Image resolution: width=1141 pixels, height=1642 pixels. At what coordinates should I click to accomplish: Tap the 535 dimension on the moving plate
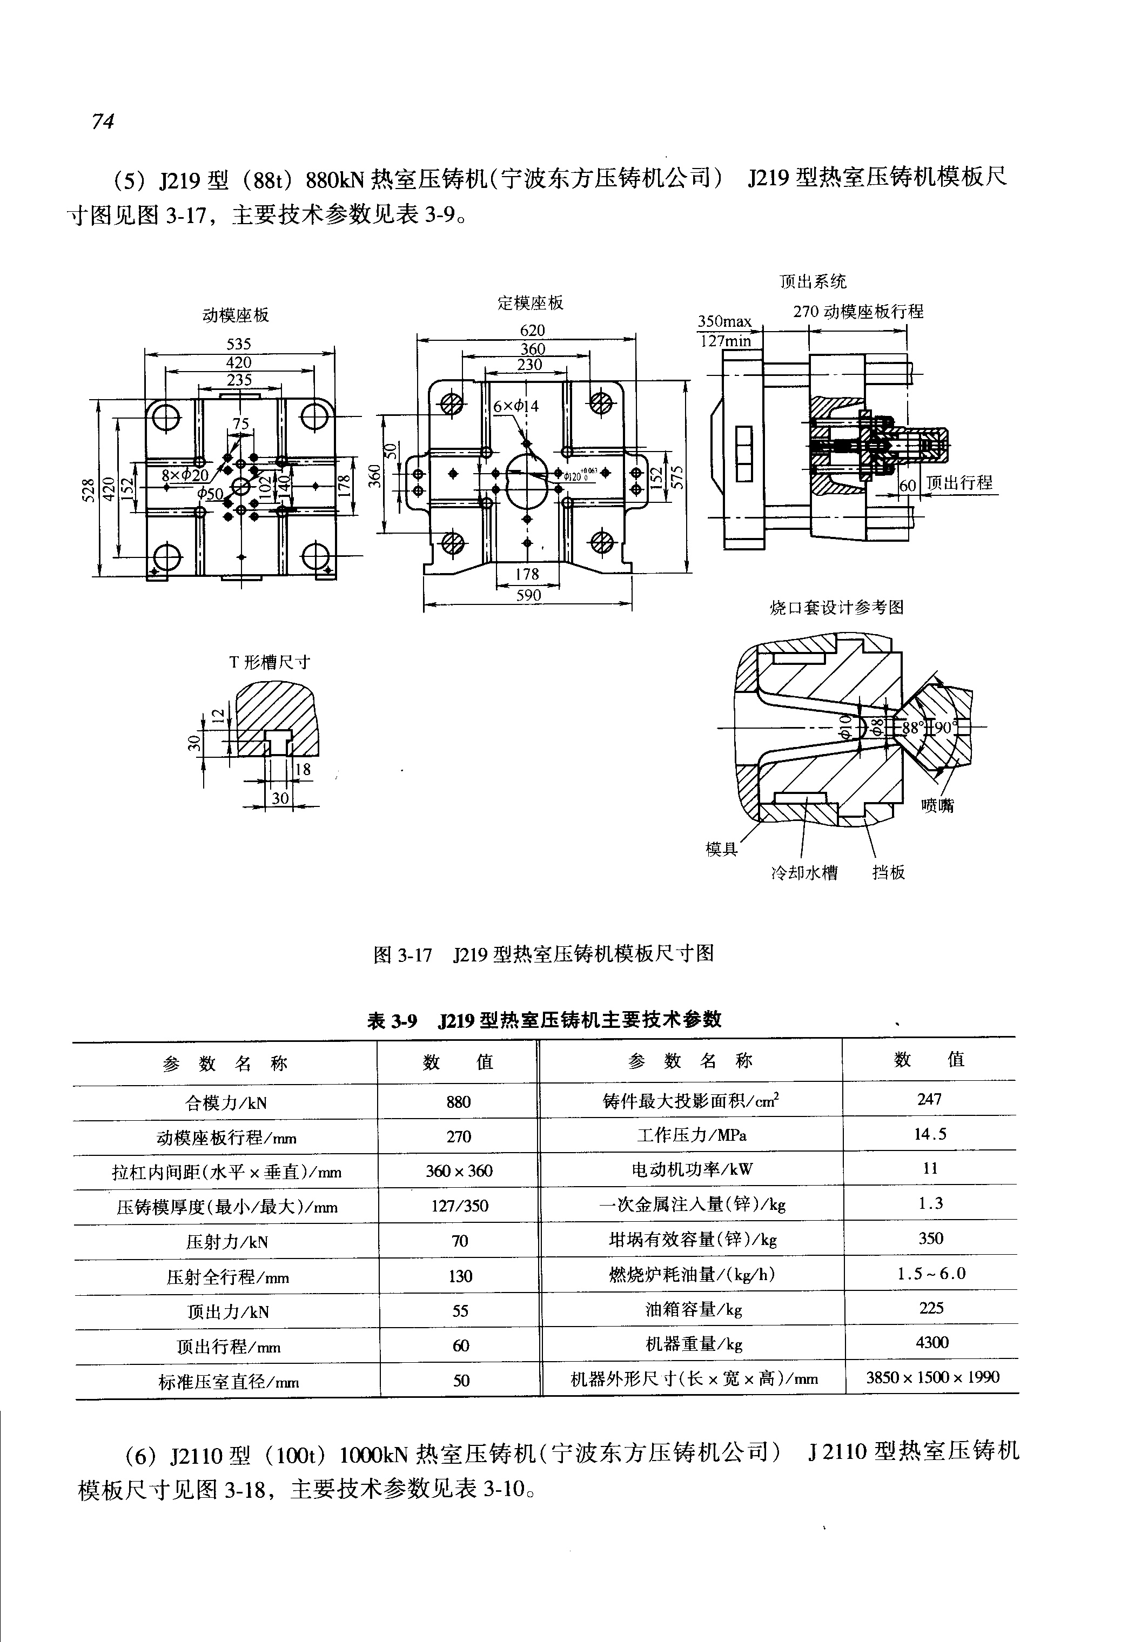[x=239, y=344]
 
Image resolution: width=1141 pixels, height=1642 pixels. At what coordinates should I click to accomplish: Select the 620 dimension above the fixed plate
[x=532, y=330]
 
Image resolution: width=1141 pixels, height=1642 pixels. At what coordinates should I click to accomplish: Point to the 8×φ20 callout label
[x=184, y=475]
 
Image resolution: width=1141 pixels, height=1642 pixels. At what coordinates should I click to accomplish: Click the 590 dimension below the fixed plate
[x=528, y=595]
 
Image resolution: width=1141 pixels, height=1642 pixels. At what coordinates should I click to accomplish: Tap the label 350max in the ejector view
[x=724, y=322]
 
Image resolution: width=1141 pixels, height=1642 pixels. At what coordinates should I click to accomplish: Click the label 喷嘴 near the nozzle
[x=937, y=806]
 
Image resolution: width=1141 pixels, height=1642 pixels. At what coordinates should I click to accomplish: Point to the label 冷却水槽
[x=804, y=873]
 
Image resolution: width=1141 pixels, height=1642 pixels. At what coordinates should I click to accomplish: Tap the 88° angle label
[x=912, y=728]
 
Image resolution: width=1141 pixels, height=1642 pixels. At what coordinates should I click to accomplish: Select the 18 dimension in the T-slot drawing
[x=303, y=769]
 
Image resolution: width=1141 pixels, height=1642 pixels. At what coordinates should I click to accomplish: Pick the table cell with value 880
[x=458, y=1102]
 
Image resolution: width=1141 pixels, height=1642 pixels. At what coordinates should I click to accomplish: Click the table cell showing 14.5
[x=930, y=1134]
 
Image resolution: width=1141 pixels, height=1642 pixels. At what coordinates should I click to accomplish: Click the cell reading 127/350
[x=460, y=1207]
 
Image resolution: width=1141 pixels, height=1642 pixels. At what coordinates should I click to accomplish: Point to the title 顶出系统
[x=813, y=281]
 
